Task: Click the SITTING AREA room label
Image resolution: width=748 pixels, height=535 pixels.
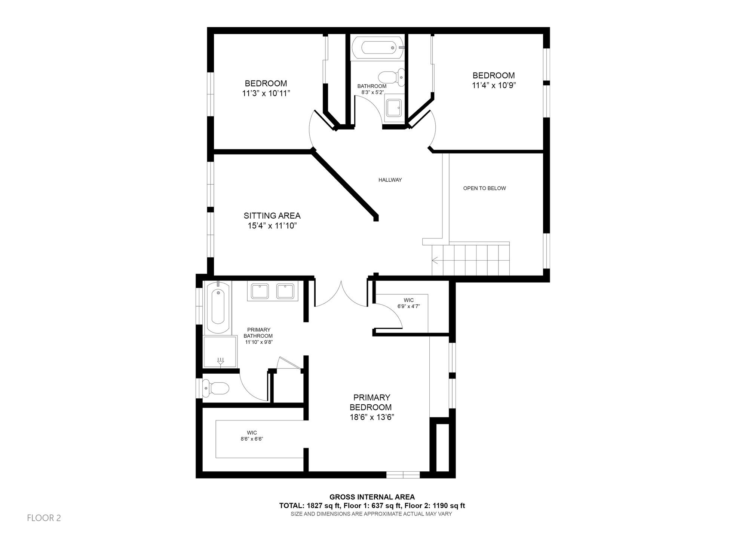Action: click(x=272, y=216)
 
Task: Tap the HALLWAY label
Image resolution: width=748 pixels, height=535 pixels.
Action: click(x=390, y=180)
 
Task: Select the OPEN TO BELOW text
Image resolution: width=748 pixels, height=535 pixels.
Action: click(x=485, y=188)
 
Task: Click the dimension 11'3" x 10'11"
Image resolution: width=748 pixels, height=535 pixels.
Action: click(x=266, y=94)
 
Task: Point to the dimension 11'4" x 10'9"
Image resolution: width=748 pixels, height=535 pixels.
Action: click(x=494, y=85)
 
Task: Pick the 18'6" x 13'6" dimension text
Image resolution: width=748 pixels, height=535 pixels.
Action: click(x=372, y=417)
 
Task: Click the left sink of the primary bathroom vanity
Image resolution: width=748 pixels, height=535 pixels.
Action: click(x=260, y=291)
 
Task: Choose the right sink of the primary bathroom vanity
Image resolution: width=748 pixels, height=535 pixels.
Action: click(x=285, y=291)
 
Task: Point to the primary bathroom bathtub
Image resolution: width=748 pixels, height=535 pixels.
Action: click(x=218, y=307)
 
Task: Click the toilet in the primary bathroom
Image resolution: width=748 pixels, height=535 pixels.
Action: click(x=216, y=389)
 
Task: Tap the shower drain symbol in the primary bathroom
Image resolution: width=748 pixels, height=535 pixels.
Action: click(x=221, y=361)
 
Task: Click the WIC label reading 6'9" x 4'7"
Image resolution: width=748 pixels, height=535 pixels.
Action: click(x=409, y=303)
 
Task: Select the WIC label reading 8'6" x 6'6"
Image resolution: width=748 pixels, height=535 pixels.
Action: click(x=252, y=436)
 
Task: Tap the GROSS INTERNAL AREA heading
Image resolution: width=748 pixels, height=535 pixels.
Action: click(x=372, y=497)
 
